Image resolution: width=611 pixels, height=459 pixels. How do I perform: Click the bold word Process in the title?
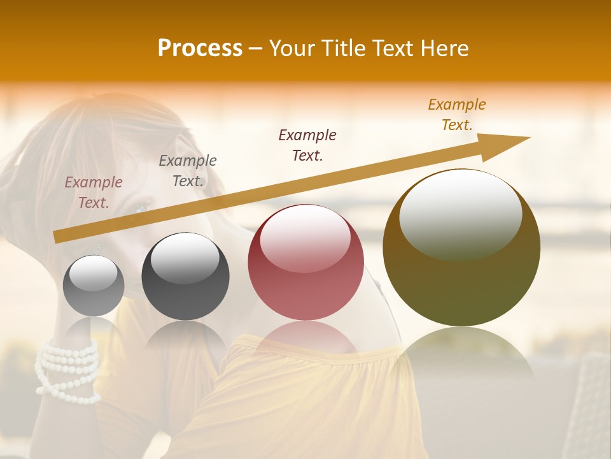coord(200,48)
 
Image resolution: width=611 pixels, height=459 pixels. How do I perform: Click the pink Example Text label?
coord(94,193)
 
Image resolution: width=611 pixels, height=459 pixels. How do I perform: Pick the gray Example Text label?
coord(188,171)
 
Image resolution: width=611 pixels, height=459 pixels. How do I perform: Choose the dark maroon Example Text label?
coord(307,145)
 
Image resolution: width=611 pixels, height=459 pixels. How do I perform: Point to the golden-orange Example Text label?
coord(457,115)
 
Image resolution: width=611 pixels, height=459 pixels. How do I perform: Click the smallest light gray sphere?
coord(94,286)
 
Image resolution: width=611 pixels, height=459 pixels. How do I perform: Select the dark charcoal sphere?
coord(185,276)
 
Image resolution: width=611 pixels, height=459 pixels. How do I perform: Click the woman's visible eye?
coord(139,208)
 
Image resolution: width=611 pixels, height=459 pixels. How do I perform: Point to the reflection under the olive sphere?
coord(461,354)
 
